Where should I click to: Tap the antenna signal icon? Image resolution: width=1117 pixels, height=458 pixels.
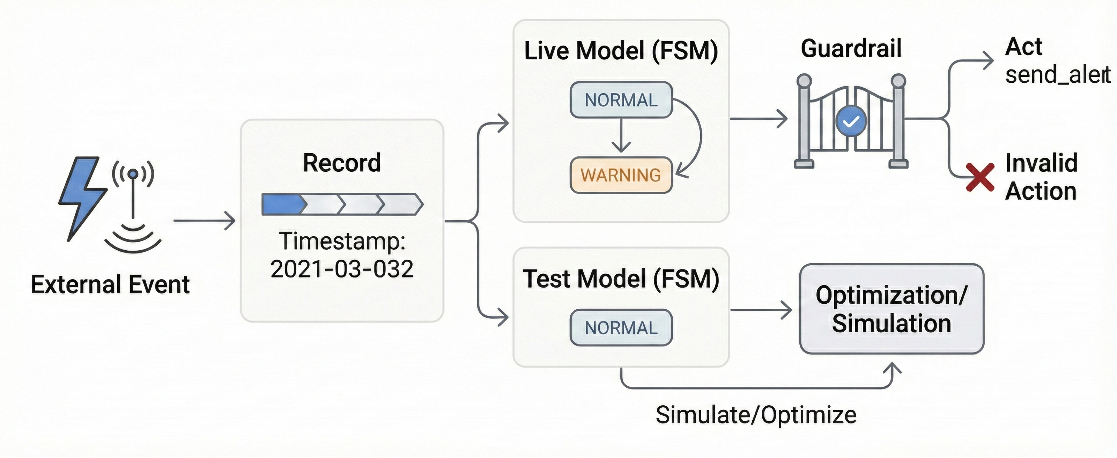point(133,204)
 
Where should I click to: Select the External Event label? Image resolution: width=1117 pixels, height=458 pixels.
point(110,285)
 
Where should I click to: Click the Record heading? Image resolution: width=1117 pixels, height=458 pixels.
point(342,163)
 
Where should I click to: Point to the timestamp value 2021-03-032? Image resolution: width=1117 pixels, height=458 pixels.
point(342,269)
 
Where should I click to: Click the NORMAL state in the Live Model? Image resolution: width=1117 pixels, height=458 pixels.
point(621,100)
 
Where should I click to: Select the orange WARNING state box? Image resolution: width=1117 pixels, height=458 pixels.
point(621,175)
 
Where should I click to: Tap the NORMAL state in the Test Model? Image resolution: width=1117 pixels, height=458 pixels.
point(621,328)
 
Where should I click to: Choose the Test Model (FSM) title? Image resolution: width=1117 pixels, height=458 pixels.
point(621,279)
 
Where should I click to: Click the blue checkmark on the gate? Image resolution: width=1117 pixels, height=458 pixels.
point(851,121)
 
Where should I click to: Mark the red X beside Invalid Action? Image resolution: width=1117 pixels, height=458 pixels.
point(980,177)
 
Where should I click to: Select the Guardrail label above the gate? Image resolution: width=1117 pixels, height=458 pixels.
point(851,48)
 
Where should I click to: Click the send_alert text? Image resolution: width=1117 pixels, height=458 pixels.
point(1057,75)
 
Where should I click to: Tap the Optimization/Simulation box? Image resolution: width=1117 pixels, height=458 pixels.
point(892,309)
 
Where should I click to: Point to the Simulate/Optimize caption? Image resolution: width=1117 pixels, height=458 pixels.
point(756,415)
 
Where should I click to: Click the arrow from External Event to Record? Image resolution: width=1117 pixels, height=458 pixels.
point(204,221)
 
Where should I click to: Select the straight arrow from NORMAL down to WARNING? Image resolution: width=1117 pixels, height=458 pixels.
point(621,135)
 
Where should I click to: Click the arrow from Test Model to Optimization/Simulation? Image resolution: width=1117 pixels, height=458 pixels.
point(761,310)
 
